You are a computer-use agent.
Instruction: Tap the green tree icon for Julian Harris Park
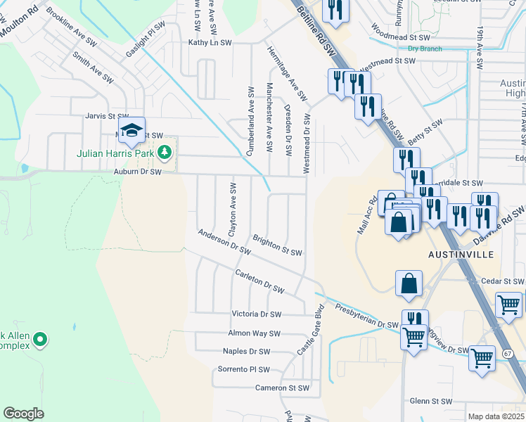point(164,151)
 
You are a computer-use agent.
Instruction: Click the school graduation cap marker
point(131,129)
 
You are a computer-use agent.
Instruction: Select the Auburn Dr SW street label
point(138,172)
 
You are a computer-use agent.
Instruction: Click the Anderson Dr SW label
point(224,241)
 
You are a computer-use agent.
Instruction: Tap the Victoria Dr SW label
point(257,314)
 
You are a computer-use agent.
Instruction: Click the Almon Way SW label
point(255,333)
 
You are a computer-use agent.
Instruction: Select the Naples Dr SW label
point(246,351)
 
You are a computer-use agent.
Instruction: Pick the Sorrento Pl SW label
point(243,369)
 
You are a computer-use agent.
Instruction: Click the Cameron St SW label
point(282,388)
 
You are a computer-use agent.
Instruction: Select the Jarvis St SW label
point(106,116)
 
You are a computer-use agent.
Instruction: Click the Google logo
point(23,414)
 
